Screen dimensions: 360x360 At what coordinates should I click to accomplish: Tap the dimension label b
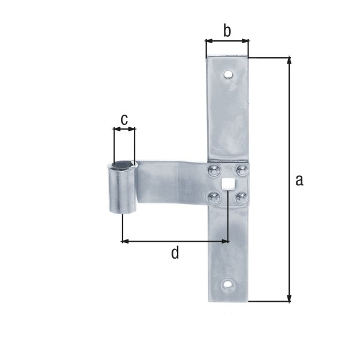pos(227,31)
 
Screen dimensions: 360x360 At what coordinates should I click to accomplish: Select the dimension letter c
pos(124,120)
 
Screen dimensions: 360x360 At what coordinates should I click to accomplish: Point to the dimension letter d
pos(175,253)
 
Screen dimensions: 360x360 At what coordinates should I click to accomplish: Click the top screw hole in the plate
pos(228,75)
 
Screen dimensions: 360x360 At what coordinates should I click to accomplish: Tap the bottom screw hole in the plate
pos(228,284)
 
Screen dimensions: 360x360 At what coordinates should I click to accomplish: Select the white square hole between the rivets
pos(227,184)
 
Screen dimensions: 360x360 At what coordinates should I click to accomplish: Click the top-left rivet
pos(212,171)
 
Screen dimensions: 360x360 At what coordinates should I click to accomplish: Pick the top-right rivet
pos(241,171)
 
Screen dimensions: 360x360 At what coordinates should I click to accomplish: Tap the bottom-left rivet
pos(212,196)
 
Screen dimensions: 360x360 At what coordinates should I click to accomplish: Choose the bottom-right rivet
pos(241,197)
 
